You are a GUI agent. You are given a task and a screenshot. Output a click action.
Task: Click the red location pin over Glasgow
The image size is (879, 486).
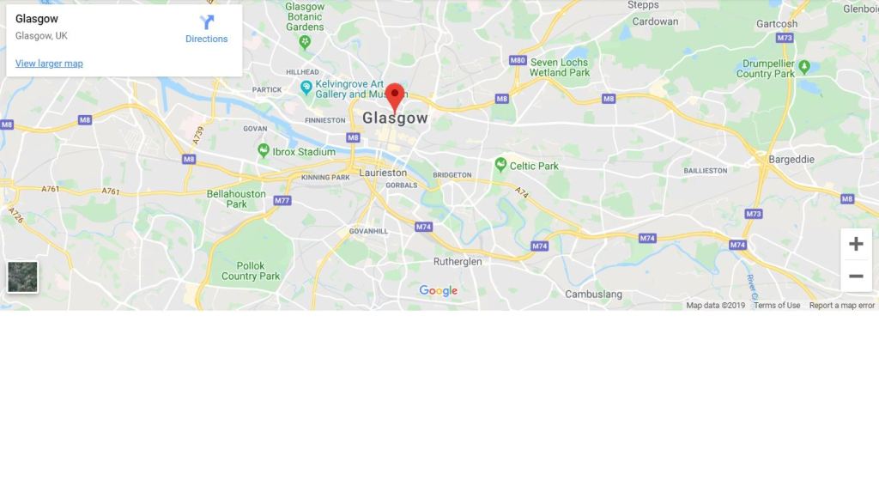pos(395,95)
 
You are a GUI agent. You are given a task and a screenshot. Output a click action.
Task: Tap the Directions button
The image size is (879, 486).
pos(207,28)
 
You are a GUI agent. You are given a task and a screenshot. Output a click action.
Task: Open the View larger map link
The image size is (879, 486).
pos(49,64)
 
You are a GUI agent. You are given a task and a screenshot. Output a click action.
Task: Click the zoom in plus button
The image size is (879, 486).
pos(856,244)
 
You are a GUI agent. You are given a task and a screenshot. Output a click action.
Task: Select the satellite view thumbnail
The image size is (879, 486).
pos(22,276)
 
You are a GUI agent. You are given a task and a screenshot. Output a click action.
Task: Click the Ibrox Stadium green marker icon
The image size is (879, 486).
pos(264,151)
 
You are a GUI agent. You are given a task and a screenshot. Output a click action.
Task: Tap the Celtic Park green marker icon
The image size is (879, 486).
pos(500,164)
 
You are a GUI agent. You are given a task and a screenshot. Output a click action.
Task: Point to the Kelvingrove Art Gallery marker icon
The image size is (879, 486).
pos(306,87)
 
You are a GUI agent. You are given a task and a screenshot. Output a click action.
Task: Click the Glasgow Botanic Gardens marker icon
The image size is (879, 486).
pos(305,40)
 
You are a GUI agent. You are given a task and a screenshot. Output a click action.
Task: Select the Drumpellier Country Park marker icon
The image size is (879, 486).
pos(804,66)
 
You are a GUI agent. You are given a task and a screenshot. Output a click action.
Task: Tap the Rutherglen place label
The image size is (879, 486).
pos(458,261)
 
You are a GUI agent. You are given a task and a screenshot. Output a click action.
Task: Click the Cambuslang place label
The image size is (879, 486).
pos(593,294)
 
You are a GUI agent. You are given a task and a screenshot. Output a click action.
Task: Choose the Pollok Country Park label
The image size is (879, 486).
pos(251,270)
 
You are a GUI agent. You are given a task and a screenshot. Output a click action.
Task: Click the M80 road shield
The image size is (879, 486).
pos(517,60)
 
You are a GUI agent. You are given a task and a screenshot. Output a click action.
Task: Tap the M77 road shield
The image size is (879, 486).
pos(282,200)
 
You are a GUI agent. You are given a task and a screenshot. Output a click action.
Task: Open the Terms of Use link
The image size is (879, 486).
pos(776,305)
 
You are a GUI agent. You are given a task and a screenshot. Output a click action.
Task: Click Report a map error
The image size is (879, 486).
pos(841,305)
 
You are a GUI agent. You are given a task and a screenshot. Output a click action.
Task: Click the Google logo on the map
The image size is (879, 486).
pos(438,291)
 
